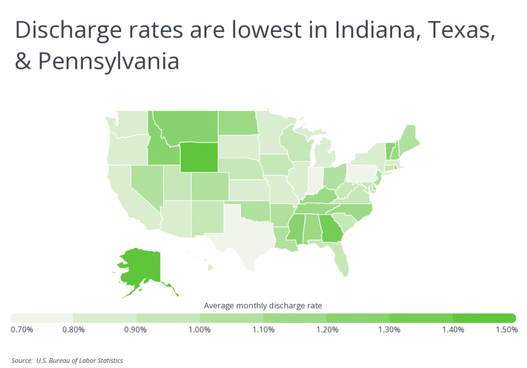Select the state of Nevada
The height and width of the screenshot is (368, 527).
(x=145, y=185)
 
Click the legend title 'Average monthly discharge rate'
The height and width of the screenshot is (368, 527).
(x=263, y=306)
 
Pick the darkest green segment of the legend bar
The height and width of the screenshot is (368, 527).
(x=484, y=318)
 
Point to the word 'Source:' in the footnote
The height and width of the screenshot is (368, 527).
(x=23, y=360)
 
